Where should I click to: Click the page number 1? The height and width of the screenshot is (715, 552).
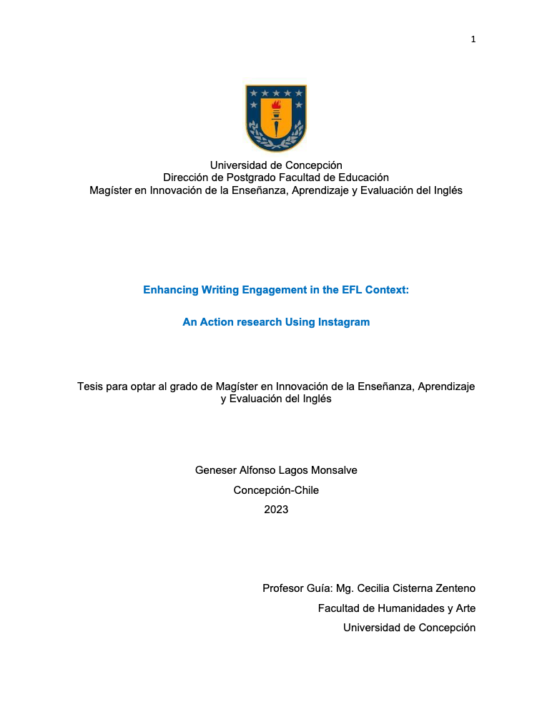point(473,39)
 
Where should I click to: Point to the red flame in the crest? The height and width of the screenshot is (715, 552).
point(276,106)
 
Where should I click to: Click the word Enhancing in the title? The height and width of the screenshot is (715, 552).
point(169,291)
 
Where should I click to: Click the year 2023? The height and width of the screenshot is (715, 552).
point(276,510)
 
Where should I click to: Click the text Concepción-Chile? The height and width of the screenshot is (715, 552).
point(276,490)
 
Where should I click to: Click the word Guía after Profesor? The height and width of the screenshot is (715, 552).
point(319,588)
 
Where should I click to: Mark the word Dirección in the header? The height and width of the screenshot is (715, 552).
point(184,177)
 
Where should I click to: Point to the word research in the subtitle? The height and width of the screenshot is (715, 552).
point(255,322)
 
